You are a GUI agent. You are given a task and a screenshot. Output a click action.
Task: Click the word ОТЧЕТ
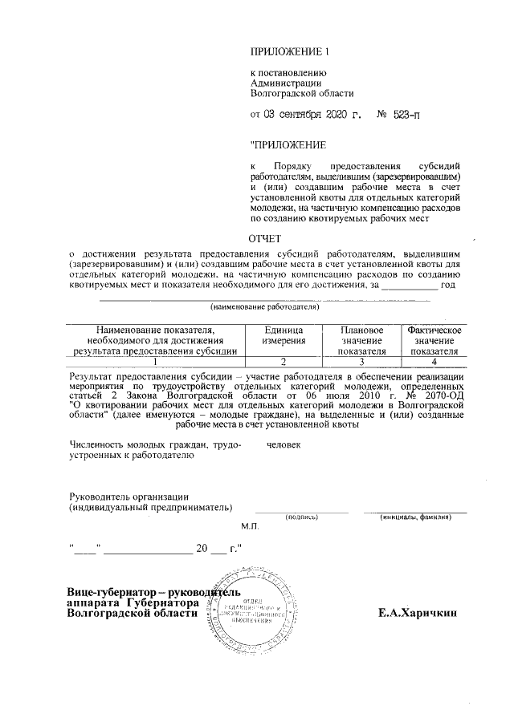click(265, 238)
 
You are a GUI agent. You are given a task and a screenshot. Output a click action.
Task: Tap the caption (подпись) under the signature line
click(301, 517)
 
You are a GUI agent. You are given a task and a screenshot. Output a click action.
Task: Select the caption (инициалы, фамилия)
click(414, 517)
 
